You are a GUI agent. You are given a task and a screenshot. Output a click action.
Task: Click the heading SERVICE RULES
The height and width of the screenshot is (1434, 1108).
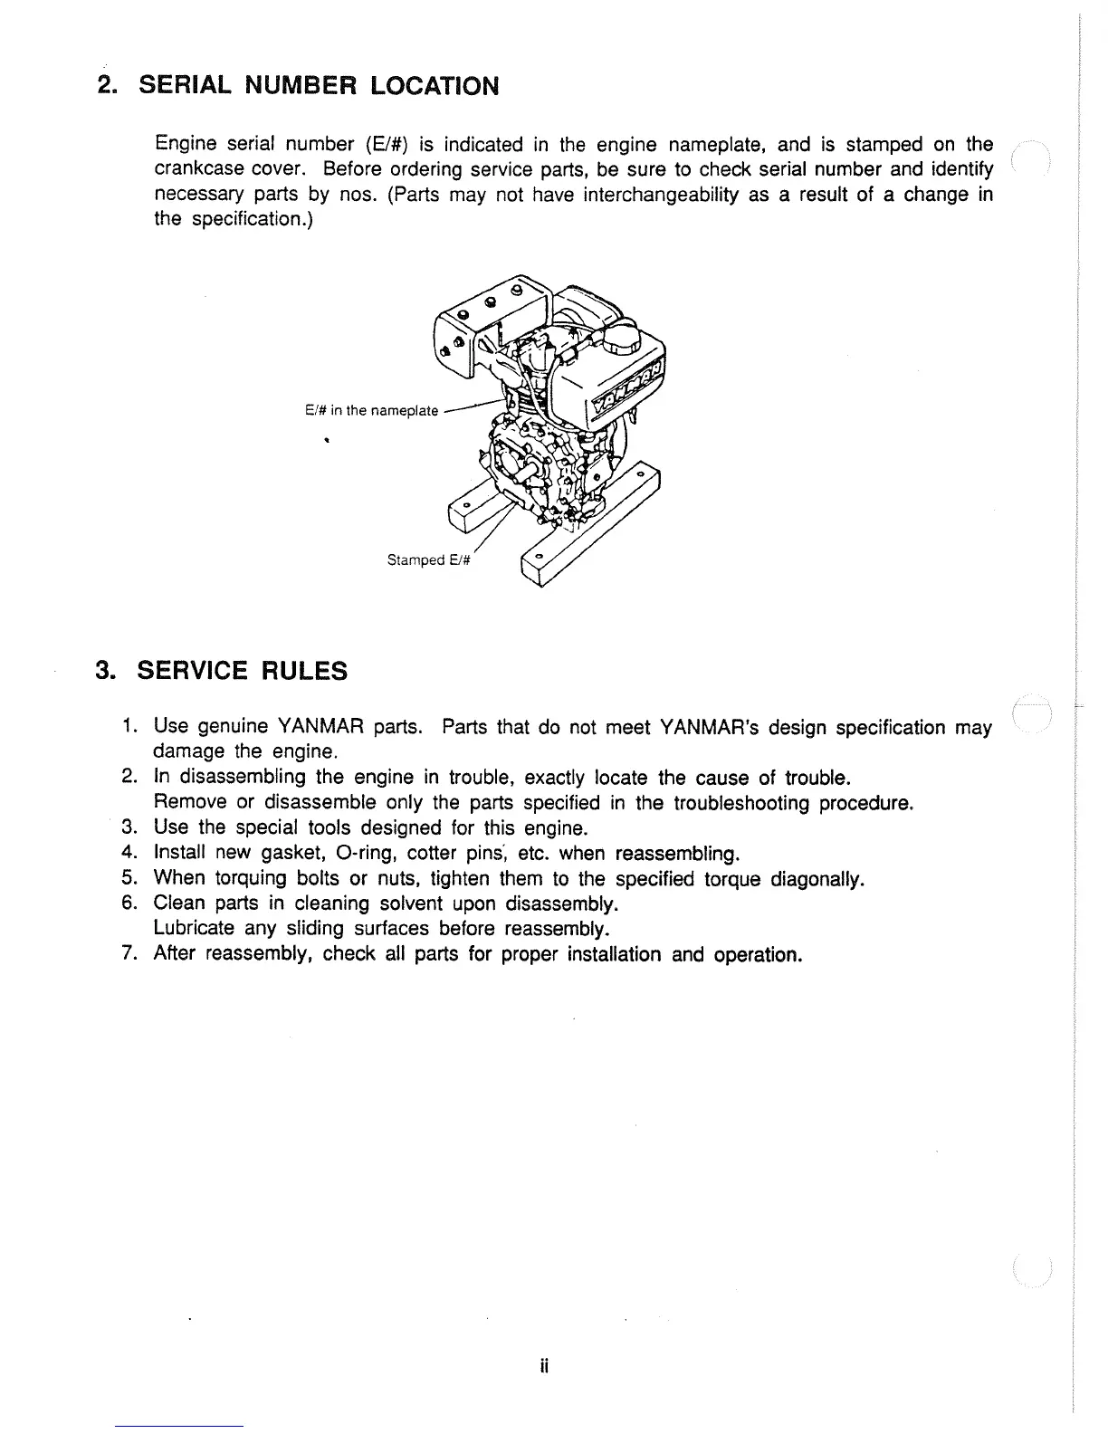[242, 671]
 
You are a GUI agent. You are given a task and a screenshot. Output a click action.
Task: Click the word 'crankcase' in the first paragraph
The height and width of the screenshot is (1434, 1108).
[200, 169]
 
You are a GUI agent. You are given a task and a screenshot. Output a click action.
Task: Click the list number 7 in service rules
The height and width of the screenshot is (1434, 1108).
[128, 954]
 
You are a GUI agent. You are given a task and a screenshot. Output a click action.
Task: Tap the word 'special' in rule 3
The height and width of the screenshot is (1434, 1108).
[266, 827]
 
